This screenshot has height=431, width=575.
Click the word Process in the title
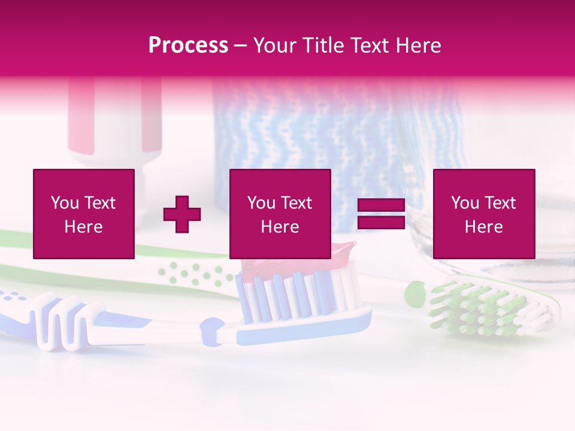pyautogui.click(x=188, y=45)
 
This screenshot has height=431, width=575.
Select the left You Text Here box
pyautogui.click(x=84, y=214)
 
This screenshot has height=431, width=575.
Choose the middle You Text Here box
pyautogui.click(x=280, y=214)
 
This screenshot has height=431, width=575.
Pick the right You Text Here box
pyautogui.click(x=483, y=214)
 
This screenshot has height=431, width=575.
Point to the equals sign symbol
pyautogui.click(x=381, y=214)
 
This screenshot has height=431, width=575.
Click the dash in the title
pyautogui.click(x=240, y=45)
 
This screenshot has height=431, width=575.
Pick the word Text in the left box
pyautogui.click(x=99, y=203)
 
